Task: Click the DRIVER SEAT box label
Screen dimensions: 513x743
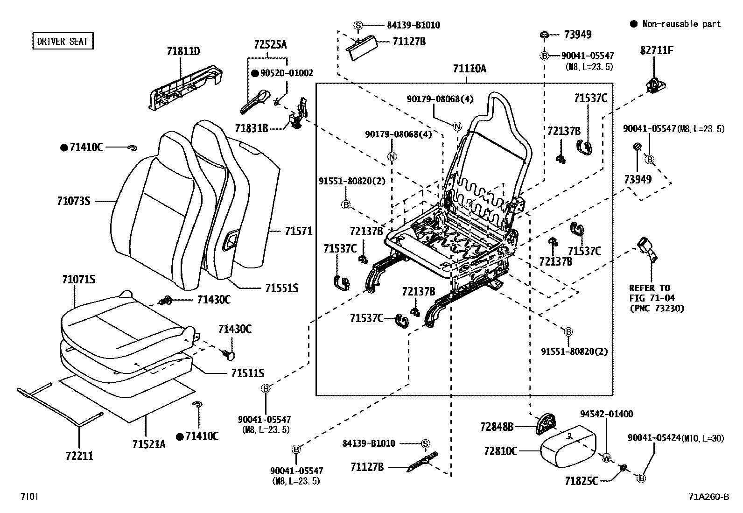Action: (x=63, y=41)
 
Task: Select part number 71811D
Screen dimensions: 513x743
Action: (x=183, y=51)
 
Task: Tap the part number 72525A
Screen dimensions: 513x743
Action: (x=270, y=45)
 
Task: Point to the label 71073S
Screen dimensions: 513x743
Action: (x=73, y=201)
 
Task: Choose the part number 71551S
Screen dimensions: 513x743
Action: (x=281, y=288)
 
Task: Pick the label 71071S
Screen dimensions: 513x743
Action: (x=78, y=280)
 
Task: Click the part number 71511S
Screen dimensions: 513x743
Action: (x=247, y=373)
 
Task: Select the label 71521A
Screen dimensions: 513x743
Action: (x=148, y=444)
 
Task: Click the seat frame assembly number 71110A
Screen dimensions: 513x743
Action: (x=469, y=69)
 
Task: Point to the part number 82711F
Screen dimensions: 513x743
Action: (x=657, y=50)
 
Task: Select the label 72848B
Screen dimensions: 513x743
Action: (x=497, y=426)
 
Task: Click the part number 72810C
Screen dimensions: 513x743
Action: (x=500, y=451)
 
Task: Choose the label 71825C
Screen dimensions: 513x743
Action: (x=581, y=481)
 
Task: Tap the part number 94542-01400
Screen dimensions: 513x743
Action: (x=606, y=414)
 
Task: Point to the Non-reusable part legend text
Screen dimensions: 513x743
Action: (x=681, y=24)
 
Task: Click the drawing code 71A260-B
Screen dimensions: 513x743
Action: (x=708, y=497)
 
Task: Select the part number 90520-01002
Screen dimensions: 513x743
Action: (x=287, y=73)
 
